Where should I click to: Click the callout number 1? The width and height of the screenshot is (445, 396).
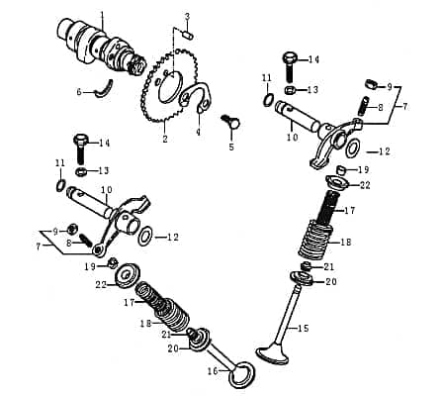(x=102, y=17)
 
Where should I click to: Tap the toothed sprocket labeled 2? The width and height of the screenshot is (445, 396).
(x=158, y=94)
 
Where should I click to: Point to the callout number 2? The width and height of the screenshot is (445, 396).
(x=165, y=140)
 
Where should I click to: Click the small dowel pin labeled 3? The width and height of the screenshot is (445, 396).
(x=186, y=35)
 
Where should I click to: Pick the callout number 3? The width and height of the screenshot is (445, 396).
(x=187, y=17)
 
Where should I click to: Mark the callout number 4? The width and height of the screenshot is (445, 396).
(x=197, y=132)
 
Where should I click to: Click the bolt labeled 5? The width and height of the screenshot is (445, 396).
(x=233, y=123)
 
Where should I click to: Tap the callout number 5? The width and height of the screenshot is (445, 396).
(x=231, y=147)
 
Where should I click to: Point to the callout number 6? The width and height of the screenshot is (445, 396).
(x=79, y=92)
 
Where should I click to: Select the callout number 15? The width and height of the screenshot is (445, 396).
(x=304, y=328)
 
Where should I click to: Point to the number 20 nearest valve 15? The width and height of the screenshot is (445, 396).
(x=329, y=281)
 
